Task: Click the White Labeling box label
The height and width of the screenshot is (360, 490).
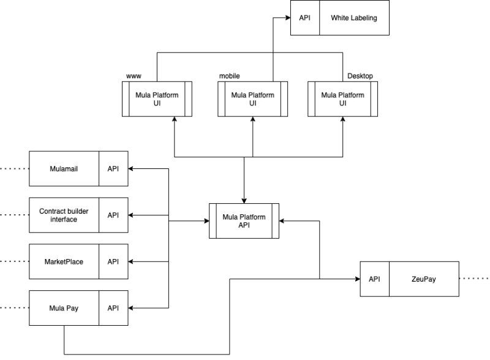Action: click(354, 18)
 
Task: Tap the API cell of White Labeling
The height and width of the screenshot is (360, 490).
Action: click(305, 18)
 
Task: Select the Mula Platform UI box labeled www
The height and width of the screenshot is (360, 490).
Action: click(157, 99)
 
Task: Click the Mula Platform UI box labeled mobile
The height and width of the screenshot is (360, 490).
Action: click(252, 99)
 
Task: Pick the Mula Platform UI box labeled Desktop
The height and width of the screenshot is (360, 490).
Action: click(342, 99)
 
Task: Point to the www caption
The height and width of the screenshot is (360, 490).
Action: click(134, 76)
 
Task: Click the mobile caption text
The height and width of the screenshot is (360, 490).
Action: click(229, 76)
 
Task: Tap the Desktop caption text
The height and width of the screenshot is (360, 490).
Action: click(360, 76)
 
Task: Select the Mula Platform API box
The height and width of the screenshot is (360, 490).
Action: click(244, 221)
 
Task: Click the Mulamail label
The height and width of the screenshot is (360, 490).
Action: click(64, 169)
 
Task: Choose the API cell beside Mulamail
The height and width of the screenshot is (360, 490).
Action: click(113, 169)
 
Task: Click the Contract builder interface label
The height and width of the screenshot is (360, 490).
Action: click(64, 215)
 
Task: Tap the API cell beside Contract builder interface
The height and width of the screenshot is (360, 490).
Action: click(113, 215)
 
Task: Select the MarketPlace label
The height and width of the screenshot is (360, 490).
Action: click(64, 261)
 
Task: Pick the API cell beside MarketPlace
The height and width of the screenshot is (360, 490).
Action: click(113, 261)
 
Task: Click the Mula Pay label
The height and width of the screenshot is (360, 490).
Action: click(64, 308)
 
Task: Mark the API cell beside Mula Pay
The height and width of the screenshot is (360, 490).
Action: click(113, 308)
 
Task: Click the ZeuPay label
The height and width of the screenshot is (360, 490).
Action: click(424, 279)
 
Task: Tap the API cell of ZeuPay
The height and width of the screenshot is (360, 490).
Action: click(375, 279)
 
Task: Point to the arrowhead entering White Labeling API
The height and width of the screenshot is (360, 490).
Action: click(288, 18)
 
